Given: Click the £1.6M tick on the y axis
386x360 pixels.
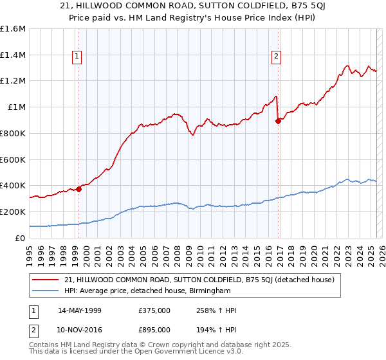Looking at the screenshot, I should click(13, 29).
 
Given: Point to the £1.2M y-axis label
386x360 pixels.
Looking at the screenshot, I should click(13, 81).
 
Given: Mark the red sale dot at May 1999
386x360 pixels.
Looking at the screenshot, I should click(78, 189).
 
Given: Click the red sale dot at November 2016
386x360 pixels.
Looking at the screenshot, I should click(279, 121).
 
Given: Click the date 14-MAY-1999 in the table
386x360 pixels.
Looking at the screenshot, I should click(80, 310).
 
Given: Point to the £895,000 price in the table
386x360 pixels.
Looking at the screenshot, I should click(154, 329).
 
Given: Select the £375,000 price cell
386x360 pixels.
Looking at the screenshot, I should click(154, 310).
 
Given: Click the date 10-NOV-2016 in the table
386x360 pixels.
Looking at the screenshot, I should click(80, 329).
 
